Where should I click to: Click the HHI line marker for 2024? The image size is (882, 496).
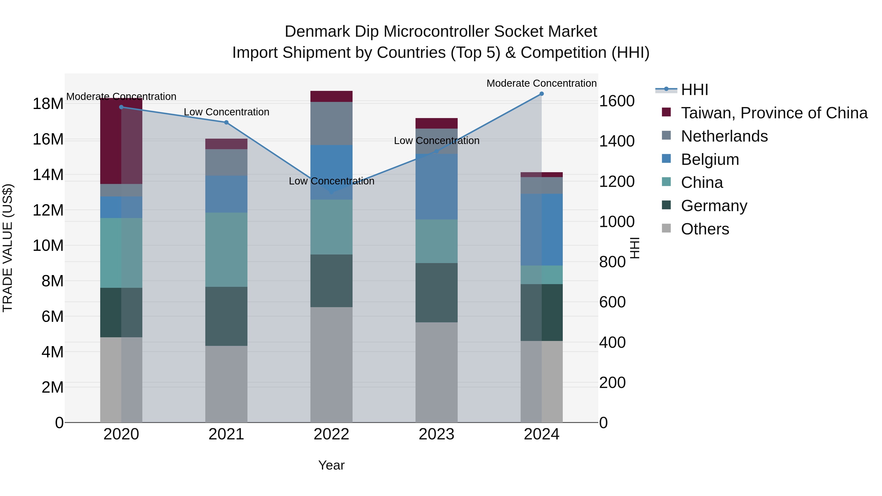(x=541, y=94)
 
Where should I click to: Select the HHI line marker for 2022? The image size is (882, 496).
(x=331, y=192)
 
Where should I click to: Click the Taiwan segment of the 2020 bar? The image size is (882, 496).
(x=121, y=141)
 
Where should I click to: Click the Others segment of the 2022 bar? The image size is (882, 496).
(x=331, y=364)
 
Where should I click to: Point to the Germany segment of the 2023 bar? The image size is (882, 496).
(x=436, y=293)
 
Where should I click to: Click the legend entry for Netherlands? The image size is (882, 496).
(x=724, y=136)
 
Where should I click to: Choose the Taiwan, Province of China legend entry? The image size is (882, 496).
(x=774, y=113)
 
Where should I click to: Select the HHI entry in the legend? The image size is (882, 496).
(x=694, y=90)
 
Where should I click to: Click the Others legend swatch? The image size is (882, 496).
(x=666, y=228)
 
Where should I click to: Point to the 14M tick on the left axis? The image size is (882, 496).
(x=48, y=175)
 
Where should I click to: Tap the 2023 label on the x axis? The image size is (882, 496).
(x=436, y=434)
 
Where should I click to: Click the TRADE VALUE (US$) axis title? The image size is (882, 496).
(x=8, y=248)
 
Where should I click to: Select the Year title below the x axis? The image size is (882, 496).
(x=331, y=465)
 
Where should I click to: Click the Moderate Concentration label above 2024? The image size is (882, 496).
(x=541, y=83)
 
